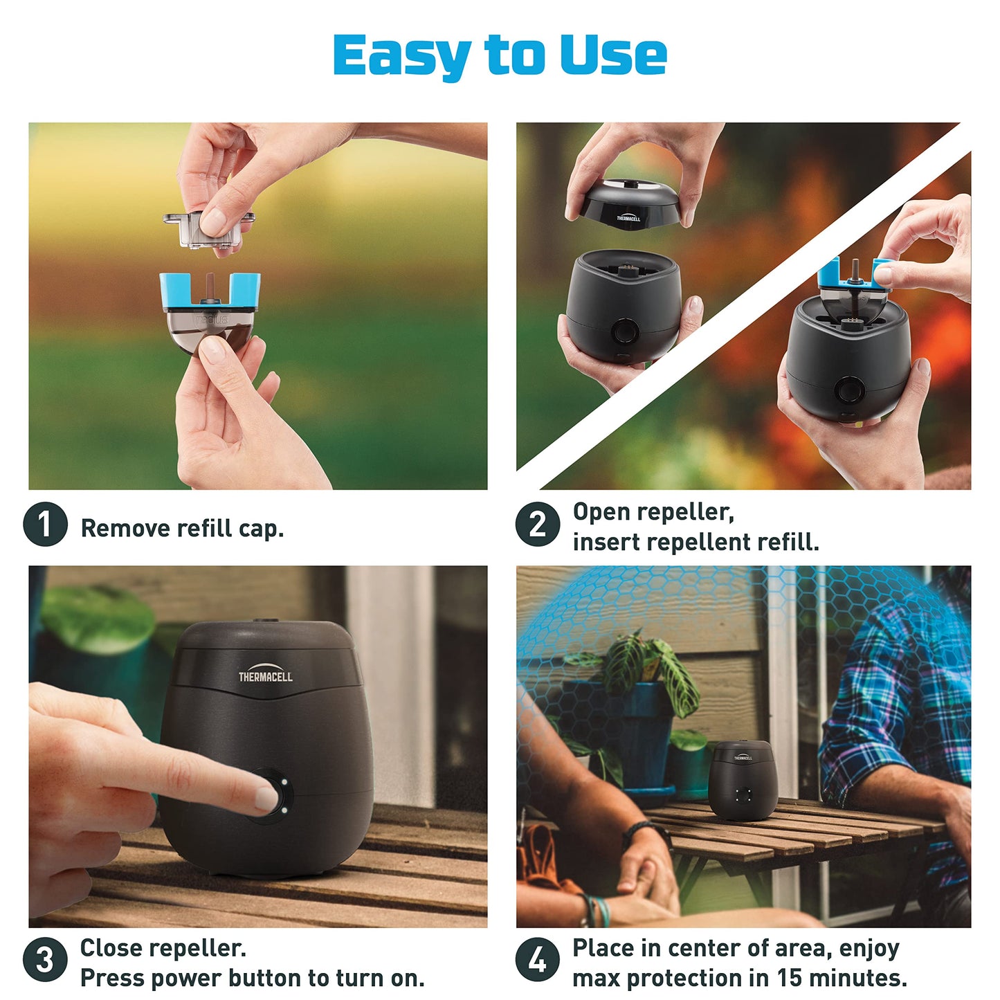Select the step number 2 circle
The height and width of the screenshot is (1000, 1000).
click(x=538, y=525)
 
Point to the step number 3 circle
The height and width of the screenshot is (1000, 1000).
click(x=45, y=960)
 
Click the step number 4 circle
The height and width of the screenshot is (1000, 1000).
click(x=538, y=960)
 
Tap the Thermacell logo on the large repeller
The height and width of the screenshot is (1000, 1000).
click(x=266, y=675)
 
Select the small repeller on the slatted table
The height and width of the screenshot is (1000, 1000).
click(x=743, y=780)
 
